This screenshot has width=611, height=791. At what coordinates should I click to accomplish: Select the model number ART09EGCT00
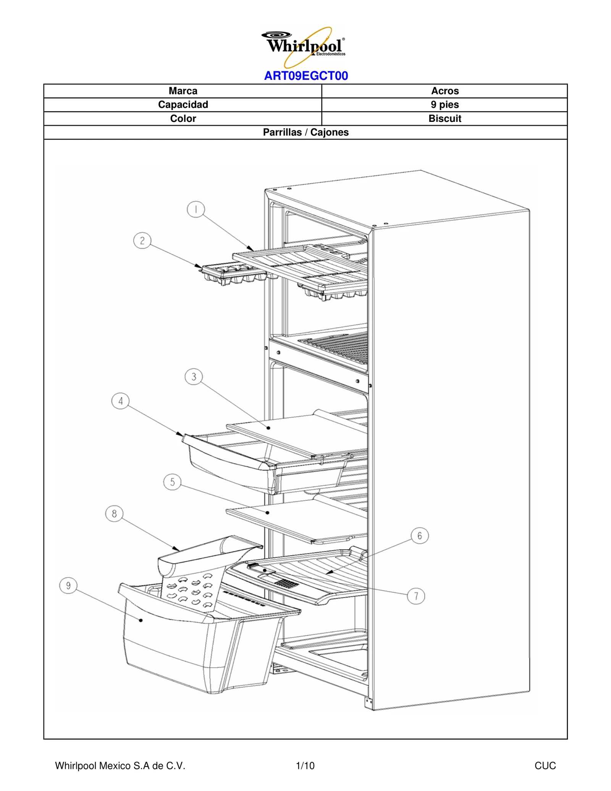point(306,76)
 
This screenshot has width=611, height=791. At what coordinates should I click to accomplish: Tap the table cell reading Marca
point(183,91)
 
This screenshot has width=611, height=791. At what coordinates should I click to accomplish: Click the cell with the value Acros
point(445,91)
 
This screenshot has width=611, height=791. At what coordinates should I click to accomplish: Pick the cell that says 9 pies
point(445,105)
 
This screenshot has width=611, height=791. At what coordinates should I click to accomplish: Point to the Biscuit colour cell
point(445,118)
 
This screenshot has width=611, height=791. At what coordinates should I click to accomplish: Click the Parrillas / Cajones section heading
point(305,132)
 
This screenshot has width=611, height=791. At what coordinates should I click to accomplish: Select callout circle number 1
point(196,209)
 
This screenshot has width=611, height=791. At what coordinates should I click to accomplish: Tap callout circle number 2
point(142,241)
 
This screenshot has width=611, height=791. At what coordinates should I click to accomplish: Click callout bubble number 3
point(194,377)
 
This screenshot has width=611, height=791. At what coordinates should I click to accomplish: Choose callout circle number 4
point(121,401)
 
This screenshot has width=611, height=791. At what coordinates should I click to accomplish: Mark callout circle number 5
point(172,482)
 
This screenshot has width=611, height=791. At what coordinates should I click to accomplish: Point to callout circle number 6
point(420,536)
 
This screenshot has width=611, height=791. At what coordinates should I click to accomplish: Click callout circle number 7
point(416,596)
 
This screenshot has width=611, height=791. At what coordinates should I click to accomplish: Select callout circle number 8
point(114,514)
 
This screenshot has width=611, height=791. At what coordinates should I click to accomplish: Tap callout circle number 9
point(68,586)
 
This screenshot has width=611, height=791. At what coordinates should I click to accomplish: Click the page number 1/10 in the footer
point(305,765)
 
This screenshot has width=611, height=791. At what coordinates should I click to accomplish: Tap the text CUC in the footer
point(545,765)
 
